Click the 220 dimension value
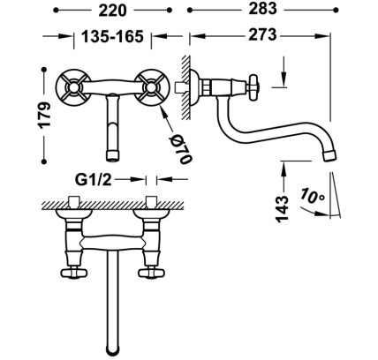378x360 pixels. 112,11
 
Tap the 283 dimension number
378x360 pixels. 262,9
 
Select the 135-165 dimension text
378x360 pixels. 112,37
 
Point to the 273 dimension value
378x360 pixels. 262,34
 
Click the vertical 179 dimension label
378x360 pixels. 45,115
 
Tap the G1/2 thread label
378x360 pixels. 94,180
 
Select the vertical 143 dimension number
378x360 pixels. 282,208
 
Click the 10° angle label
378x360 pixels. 312,197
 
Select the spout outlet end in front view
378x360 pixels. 113,156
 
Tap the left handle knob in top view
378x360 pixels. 73,274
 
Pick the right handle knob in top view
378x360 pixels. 151,274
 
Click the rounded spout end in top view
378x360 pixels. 112,349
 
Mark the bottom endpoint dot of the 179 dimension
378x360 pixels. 44,161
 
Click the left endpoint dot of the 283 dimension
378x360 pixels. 190,11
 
